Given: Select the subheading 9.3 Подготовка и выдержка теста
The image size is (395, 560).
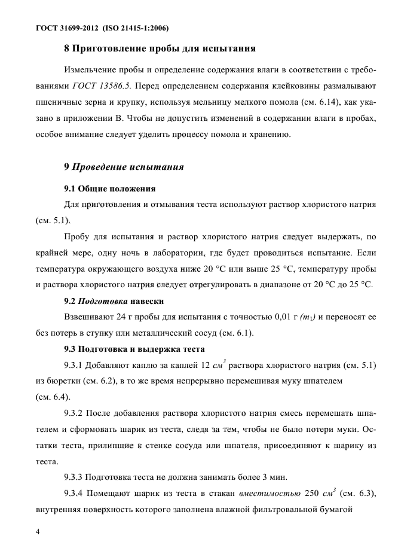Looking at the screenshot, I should click(x=134, y=348).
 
